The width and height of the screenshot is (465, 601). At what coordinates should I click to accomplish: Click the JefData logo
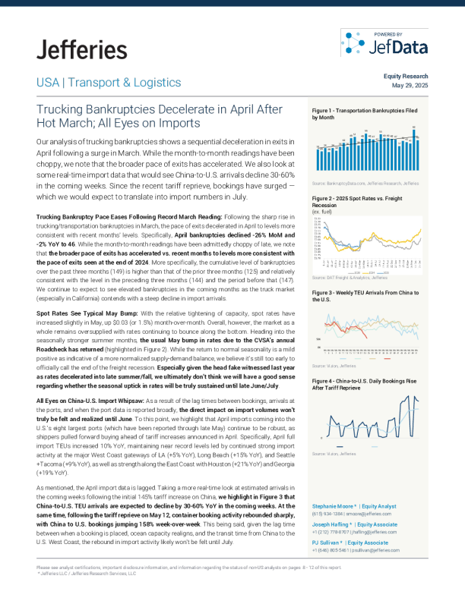tap(384, 43)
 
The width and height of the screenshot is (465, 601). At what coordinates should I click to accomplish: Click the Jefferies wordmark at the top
tap(81, 50)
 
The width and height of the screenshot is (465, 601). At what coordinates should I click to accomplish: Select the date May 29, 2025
tap(410, 86)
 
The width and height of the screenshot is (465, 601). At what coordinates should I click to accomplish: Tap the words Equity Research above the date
tap(406, 77)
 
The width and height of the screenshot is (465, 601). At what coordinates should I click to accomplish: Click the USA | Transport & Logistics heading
tap(108, 83)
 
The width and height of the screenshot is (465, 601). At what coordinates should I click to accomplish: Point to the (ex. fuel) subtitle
tap(322, 211)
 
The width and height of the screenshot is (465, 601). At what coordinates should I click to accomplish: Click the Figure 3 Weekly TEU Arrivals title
tap(365, 294)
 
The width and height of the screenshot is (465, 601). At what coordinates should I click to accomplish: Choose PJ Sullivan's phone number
tap(327, 550)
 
